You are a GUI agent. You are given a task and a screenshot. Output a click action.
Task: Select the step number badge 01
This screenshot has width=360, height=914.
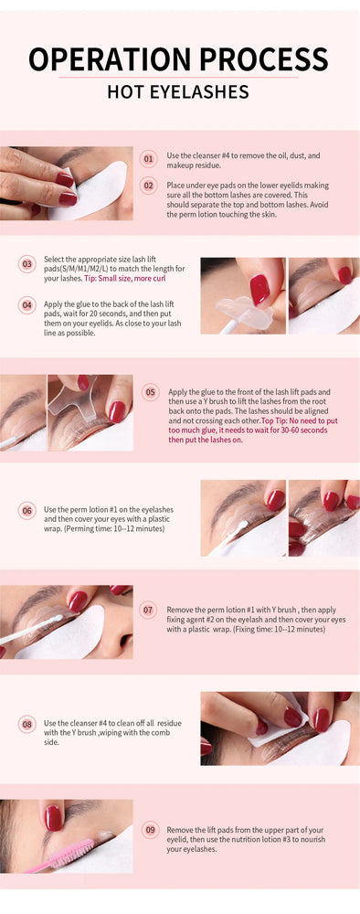(149, 159)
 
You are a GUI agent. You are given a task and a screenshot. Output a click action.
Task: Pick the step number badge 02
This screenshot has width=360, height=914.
(149, 185)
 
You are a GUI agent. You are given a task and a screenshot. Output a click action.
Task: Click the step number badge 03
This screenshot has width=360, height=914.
(27, 265)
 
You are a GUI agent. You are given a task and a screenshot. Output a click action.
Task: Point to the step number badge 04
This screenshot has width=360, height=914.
(27, 304)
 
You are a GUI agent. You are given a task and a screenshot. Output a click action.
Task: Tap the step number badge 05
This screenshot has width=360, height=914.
(150, 392)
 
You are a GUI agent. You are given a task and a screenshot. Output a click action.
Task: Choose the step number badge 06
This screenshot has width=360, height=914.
(27, 510)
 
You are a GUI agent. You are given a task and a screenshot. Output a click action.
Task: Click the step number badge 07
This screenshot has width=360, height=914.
(148, 610)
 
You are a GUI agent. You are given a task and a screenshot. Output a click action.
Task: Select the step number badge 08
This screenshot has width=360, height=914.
(27, 724)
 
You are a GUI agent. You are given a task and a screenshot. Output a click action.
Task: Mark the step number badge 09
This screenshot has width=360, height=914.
(150, 830)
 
